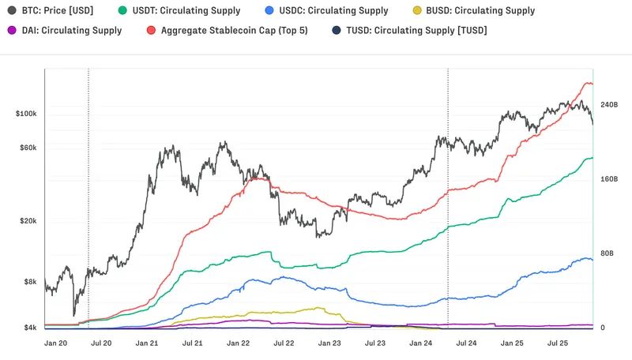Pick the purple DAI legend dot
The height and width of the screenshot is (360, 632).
12,31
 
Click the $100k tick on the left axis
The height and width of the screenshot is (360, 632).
26,114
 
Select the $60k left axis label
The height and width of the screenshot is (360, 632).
28,148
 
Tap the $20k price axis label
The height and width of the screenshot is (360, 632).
28,221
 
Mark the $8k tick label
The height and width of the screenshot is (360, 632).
30,282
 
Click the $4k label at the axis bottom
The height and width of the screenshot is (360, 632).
30,328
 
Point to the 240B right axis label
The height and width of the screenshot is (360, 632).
609,105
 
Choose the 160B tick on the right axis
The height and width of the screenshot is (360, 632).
609,179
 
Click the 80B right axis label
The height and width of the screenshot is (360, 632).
608,253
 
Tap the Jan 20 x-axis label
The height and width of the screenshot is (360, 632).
57,343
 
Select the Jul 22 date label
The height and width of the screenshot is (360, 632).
284,343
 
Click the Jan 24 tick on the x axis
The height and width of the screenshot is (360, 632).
421,343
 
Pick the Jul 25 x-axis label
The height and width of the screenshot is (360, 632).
559,343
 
